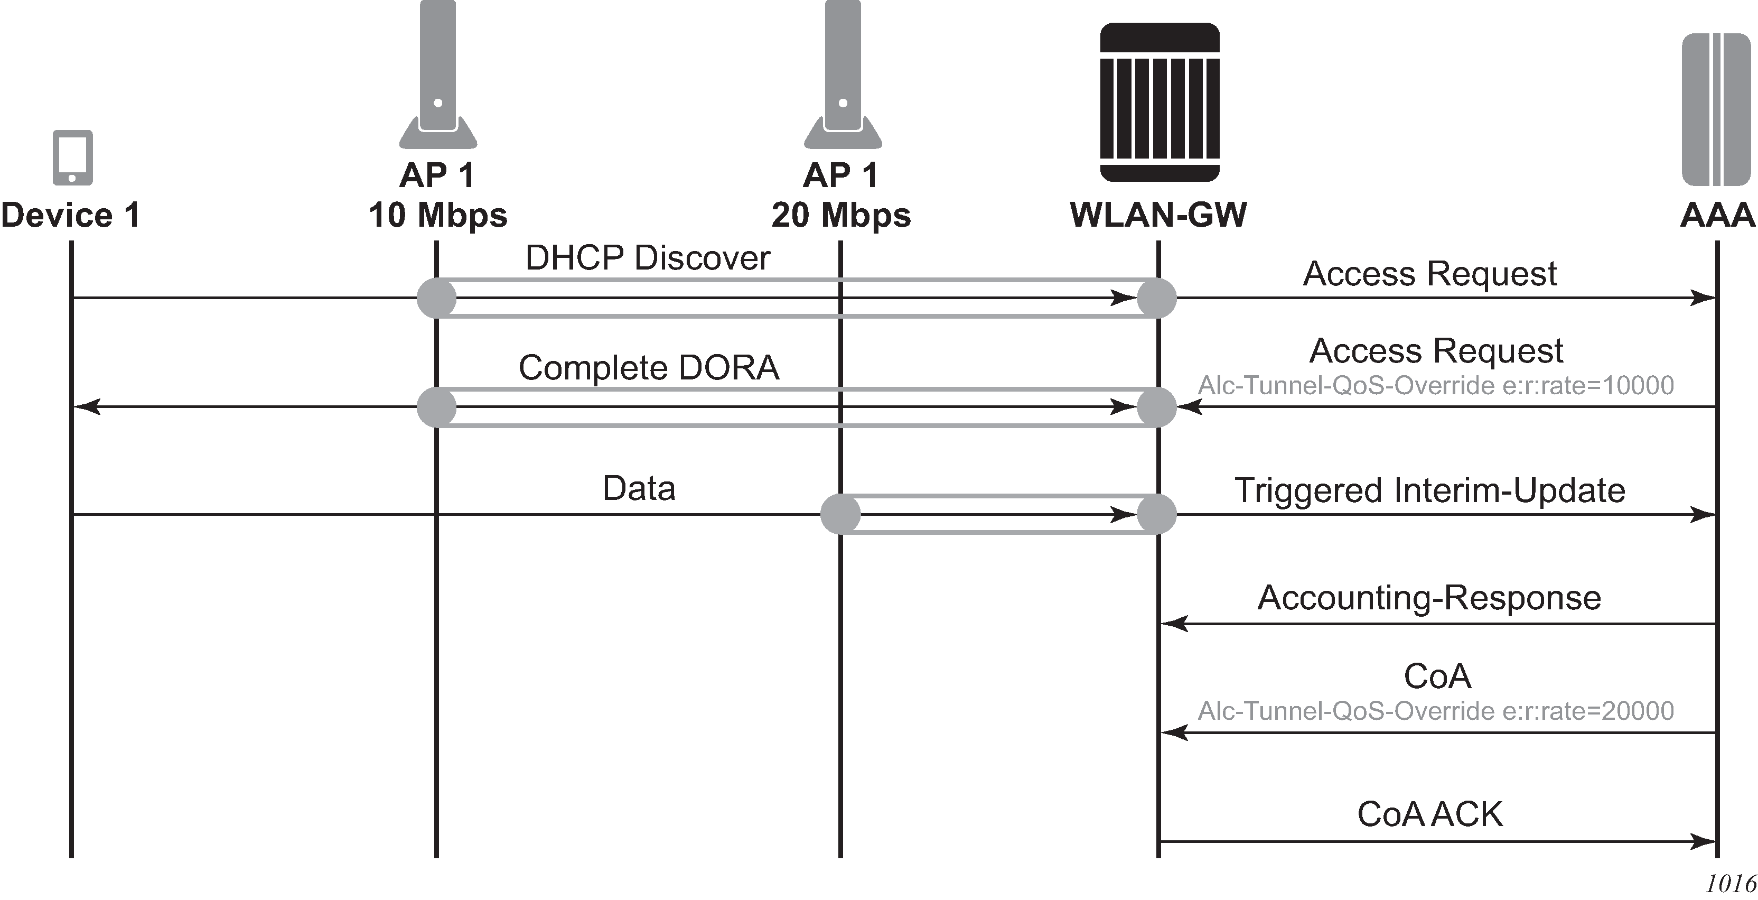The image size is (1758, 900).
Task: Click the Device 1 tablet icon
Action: (x=72, y=157)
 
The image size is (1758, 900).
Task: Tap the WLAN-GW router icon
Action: (x=1159, y=103)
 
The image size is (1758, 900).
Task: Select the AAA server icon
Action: (x=1716, y=109)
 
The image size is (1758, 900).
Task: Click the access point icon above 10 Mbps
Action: (x=438, y=75)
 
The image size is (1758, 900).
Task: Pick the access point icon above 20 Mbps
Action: (x=843, y=75)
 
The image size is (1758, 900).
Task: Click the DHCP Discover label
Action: (x=648, y=258)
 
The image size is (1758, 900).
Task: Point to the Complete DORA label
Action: (x=648, y=367)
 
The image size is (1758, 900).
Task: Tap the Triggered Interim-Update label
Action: (x=1430, y=490)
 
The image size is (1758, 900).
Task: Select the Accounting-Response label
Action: (x=1429, y=598)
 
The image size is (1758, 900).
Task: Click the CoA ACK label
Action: (x=1430, y=814)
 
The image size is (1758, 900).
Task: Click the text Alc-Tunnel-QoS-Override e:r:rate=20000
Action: (x=1436, y=711)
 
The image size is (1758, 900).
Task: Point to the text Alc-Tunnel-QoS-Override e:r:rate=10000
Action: (x=1436, y=386)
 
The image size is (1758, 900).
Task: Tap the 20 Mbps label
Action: (x=841, y=215)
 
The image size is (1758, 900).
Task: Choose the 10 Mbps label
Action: (x=437, y=215)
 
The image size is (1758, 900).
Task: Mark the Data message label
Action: (x=639, y=488)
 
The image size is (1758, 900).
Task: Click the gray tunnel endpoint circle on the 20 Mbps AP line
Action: (x=840, y=514)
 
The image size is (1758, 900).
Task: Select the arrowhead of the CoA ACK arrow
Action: (x=1704, y=841)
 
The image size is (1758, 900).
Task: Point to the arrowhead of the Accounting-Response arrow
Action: (x=1174, y=624)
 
